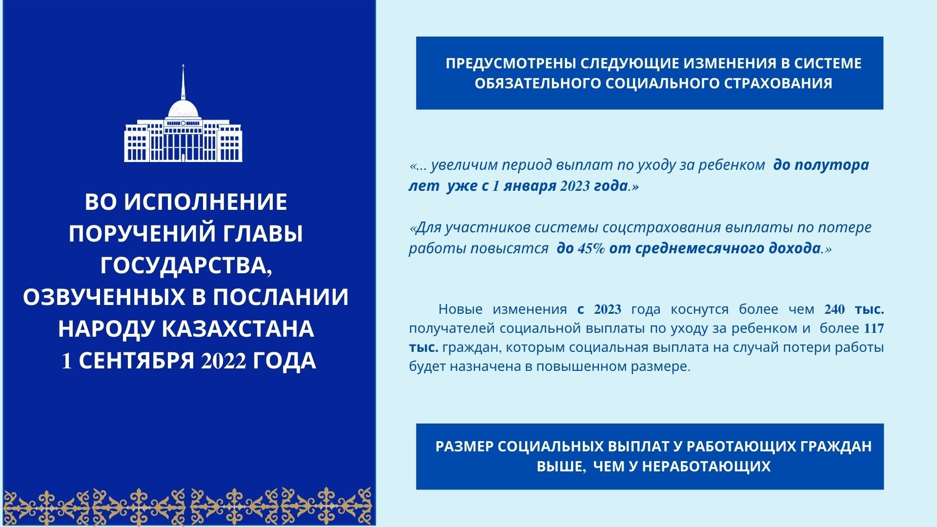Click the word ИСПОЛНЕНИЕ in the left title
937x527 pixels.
point(205,202)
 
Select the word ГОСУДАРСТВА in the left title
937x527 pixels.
point(185,265)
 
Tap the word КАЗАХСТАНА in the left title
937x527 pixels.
point(238,329)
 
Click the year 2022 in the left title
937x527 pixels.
point(224,361)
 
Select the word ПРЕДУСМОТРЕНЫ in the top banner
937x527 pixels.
point(506,63)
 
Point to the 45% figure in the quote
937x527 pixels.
point(591,248)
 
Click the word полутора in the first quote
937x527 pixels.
point(832,165)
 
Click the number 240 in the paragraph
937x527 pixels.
point(835,309)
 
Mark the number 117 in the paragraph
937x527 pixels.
point(874,328)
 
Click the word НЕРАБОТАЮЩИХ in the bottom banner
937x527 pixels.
point(706,466)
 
